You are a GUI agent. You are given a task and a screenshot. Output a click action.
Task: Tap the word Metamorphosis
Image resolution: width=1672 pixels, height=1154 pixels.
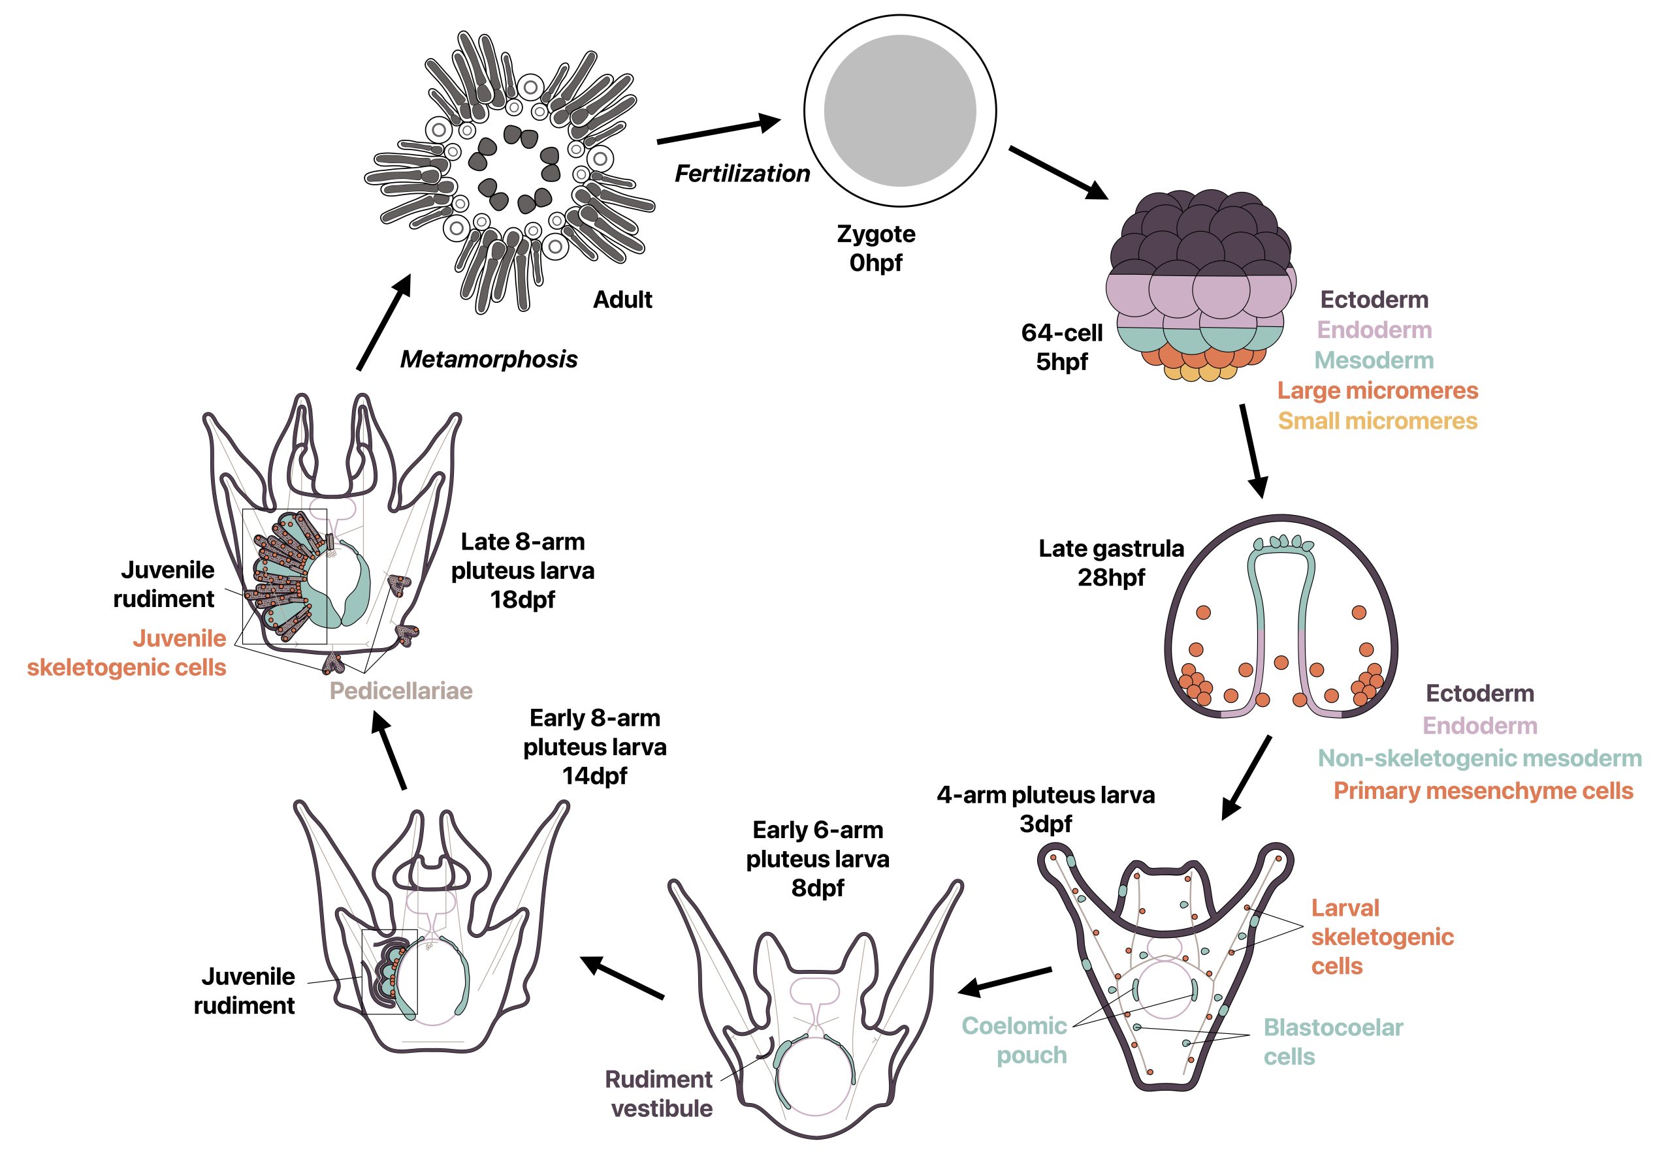click(x=489, y=360)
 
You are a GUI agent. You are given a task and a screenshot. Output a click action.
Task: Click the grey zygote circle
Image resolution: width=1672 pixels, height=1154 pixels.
click(x=899, y=110)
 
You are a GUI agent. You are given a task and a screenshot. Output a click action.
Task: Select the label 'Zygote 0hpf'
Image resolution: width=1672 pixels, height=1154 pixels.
click(x=875, y=248)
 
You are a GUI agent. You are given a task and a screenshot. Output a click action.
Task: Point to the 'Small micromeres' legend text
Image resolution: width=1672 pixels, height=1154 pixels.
click(x=1377, y=421)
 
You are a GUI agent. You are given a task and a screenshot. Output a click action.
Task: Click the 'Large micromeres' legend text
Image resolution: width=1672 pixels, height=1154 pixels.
click(x=1377, y=390)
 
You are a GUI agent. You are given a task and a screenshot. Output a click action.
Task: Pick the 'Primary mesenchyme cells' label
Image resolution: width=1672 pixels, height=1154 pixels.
click(x=1483, y=790)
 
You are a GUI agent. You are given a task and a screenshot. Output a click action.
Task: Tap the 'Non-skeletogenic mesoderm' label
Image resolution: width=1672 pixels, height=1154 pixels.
click(x=1479, y=758)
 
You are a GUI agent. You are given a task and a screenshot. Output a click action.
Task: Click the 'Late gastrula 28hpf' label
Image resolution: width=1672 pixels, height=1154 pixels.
click(x=1110, y=563)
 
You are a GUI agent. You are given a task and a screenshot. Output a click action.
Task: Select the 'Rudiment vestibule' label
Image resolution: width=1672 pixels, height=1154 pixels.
click(x=660, y=1093)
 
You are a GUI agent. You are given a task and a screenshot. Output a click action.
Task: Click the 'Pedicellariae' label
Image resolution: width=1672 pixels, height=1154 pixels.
click(x=401, y=691)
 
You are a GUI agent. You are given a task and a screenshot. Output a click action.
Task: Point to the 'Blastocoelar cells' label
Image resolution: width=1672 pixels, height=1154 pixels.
click(x=1332, y=1041)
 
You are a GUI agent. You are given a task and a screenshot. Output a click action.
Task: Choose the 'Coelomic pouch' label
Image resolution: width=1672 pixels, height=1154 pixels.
click(x=1015, y=1040)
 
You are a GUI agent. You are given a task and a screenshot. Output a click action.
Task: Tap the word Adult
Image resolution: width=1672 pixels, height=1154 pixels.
click(x=622, y=300)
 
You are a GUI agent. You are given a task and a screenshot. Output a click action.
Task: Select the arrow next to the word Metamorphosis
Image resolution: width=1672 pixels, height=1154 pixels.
click(x=383, y=322)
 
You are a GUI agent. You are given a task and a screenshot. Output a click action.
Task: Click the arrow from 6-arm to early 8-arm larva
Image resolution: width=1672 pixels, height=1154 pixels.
click(x=622, y=978)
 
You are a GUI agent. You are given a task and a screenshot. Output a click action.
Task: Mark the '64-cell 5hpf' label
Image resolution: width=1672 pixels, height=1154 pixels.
click(x=1061, y=347)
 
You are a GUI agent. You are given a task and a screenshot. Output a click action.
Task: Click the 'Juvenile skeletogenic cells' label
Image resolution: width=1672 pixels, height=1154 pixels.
click(x=127, y=653)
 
